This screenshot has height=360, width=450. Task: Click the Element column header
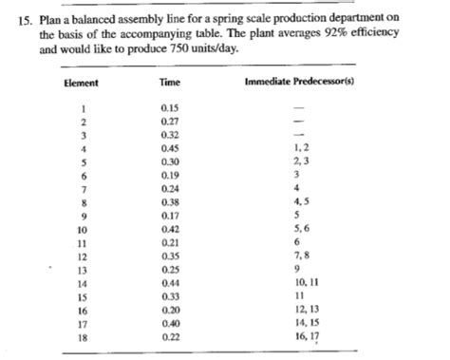81,83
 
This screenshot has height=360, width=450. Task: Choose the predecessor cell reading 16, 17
305,338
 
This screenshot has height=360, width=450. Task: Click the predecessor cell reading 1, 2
302,148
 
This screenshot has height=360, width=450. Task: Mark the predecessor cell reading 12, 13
305,311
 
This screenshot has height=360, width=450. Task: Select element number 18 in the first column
84,338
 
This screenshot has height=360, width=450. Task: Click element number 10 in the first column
84,229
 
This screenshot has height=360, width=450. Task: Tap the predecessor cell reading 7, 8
302,256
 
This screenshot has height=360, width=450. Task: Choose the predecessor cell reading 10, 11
305,284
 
